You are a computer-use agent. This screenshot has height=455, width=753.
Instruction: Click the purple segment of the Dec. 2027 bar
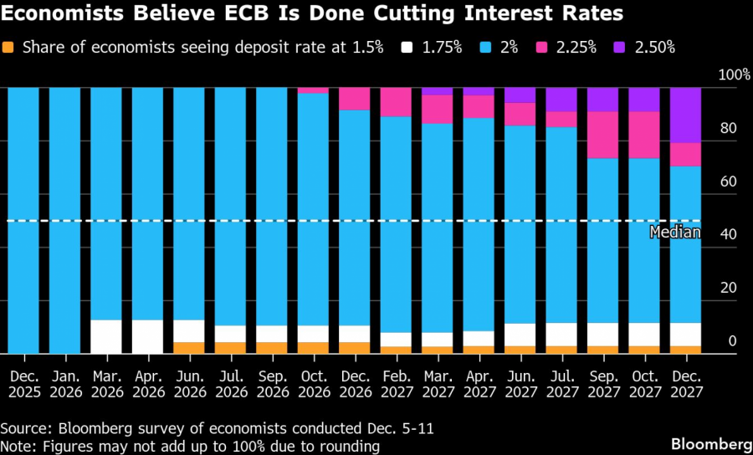[x=685, y=115]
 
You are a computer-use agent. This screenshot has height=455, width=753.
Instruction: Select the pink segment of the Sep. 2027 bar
[x=602, y=135]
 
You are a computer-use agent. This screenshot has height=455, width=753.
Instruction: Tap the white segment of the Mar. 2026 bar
[x=106, y=336]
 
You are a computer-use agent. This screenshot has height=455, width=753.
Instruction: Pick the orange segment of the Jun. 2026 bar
[x=189, y=348]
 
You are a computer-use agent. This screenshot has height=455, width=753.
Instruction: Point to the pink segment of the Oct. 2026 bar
[x=313, y=90]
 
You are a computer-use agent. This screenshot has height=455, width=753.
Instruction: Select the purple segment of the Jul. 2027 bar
[x=561, y=99]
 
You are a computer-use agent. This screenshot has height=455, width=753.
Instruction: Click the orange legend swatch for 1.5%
[x=8, y=47]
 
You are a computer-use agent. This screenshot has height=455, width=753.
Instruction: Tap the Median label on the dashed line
[x=675, y=233]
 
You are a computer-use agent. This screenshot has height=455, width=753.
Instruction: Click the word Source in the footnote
[x=24, y=428]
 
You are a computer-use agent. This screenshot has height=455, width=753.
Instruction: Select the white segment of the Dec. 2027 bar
[x=685, y=335]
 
